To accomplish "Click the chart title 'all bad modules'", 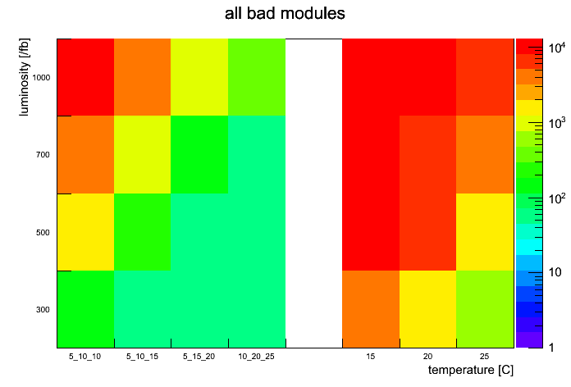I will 285,14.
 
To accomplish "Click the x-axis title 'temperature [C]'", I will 470,371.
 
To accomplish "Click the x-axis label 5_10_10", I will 85,357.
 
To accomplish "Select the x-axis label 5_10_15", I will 143,357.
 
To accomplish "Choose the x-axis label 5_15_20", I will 199,357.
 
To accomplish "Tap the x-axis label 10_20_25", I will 257,357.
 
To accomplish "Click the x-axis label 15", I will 371,357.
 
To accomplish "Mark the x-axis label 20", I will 428,357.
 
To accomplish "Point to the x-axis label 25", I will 485,357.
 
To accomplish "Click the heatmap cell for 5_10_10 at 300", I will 85,309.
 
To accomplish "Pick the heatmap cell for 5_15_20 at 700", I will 199,155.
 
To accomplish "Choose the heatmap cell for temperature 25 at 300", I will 485,309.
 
